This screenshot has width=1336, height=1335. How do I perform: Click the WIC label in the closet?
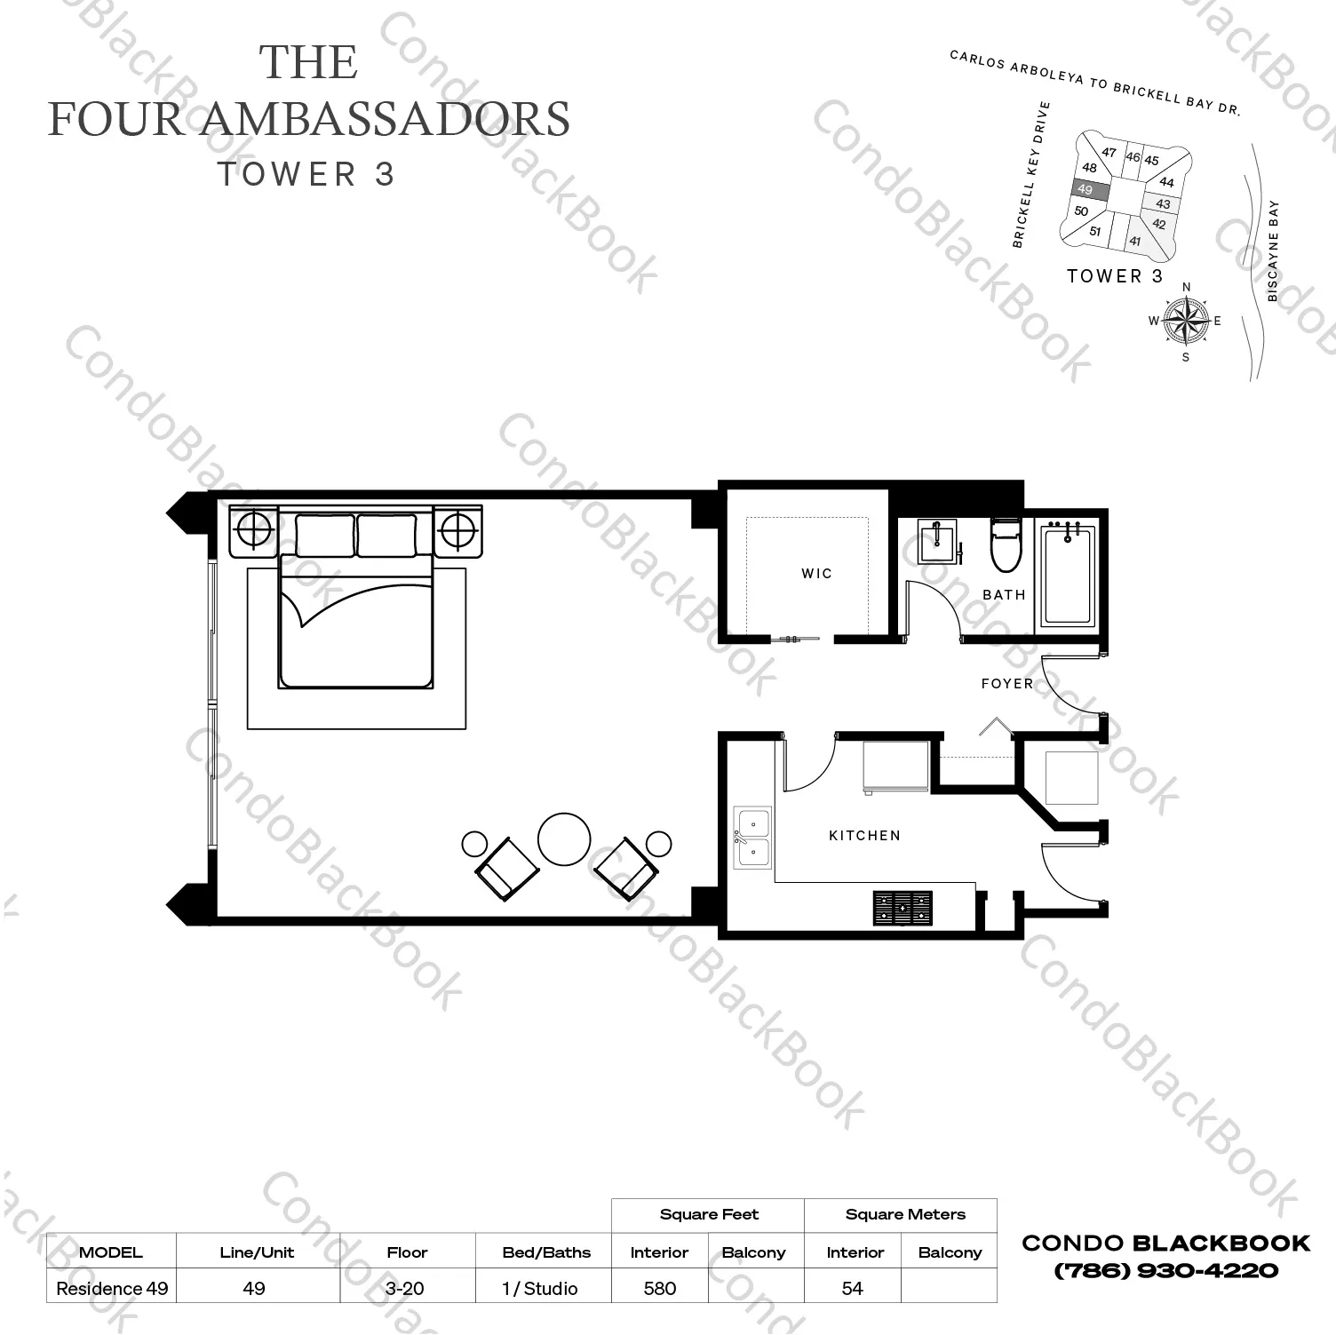(816, 574)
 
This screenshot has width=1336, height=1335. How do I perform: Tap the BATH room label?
(1004, 595)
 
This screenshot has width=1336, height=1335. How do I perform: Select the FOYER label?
(1007, 684)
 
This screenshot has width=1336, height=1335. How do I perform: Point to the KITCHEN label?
(864, 836)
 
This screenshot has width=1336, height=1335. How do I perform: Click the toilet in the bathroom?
(1006, 546)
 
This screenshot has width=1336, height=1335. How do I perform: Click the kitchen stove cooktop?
(903, 908)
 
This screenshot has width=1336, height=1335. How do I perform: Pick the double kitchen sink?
(752, 838)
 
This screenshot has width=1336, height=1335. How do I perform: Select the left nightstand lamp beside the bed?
(254, 531)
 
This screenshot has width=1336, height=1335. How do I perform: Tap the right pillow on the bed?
(386, 536)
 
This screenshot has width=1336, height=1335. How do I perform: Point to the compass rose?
(1185, 321)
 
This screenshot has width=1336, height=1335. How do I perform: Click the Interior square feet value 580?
(659, 1288)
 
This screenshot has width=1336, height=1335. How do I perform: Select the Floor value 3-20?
(407, 1288)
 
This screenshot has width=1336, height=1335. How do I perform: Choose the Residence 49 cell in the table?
(112, 1288)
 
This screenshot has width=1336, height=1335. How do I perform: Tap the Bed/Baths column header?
(545, 1252)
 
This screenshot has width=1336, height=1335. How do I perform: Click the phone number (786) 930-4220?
(1165, 1271)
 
